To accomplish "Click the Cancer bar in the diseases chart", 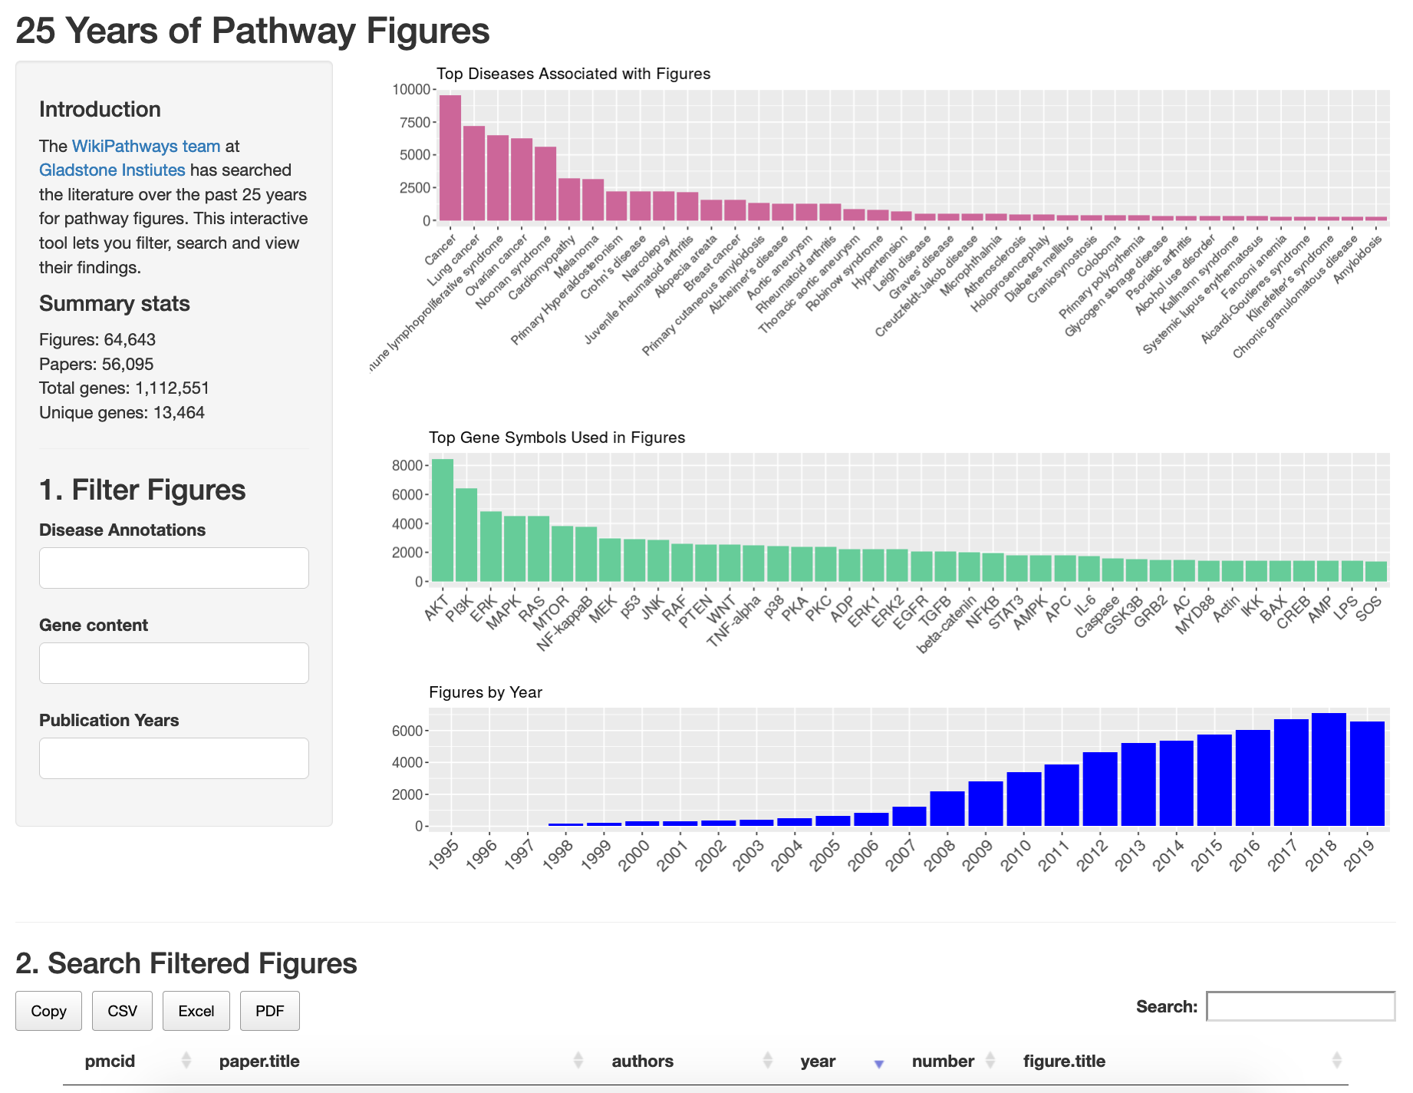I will pyautogui.click(x=450, y=157).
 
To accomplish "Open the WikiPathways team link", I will pyautogui.click(x=146, y=146).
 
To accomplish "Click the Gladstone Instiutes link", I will pyautogui.click(x=112, y=170).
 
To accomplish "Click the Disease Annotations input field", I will pyautogui.click(x=174, y=568).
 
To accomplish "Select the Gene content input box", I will pyautogui.click(x=174, y=663).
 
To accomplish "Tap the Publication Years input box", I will pyautogui.click(x=174, y=758).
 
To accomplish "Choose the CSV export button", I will pyautogui.click(x=122, y=1011).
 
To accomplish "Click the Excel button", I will pyautogui.click(x=196, y=1011).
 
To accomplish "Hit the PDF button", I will pyautogui.click(x=269, y=1011).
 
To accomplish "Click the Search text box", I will pyautogui.click(x=1300, y=1006).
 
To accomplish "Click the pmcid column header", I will pyautogui.click(x=110, y=1061).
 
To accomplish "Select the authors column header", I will pyautogui.click(x=642, y=1061).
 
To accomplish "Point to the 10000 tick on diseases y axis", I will pyautogui.click(x=411, y=89).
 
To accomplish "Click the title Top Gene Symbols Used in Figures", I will pyautogui.click(x=557, y=438).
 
